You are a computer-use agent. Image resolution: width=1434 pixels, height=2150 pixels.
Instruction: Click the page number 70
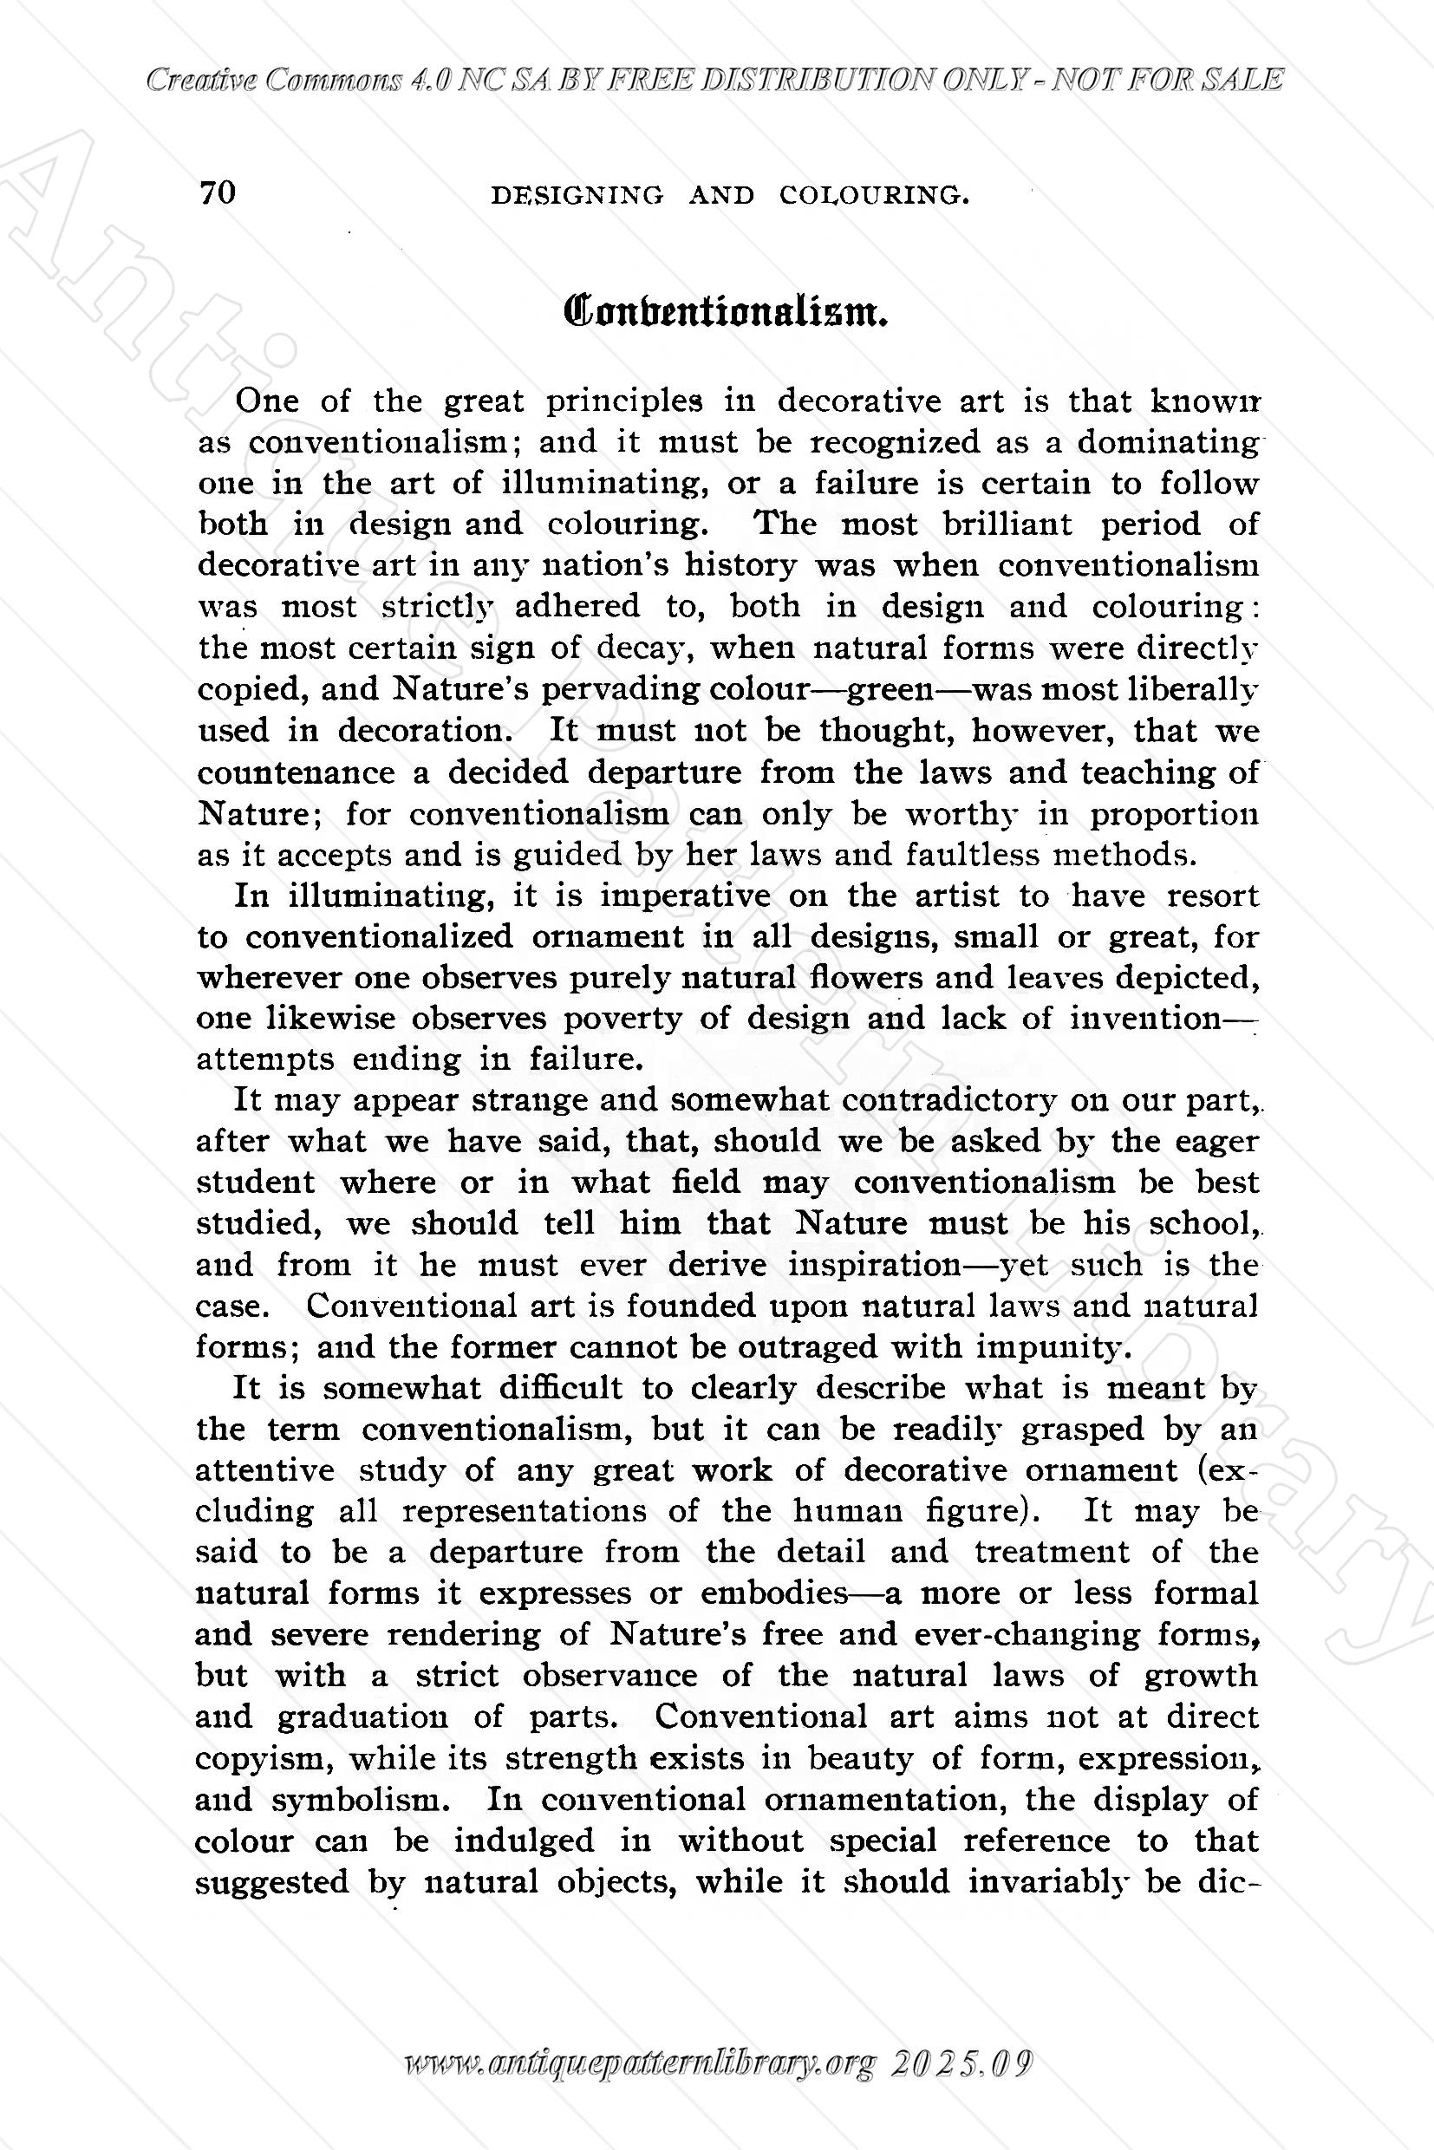(x=218, y=193)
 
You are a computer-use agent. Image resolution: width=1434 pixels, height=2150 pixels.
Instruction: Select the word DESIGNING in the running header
(x=577, y=195)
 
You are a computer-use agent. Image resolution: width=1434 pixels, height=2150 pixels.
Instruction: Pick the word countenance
(x=295, y=772)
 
